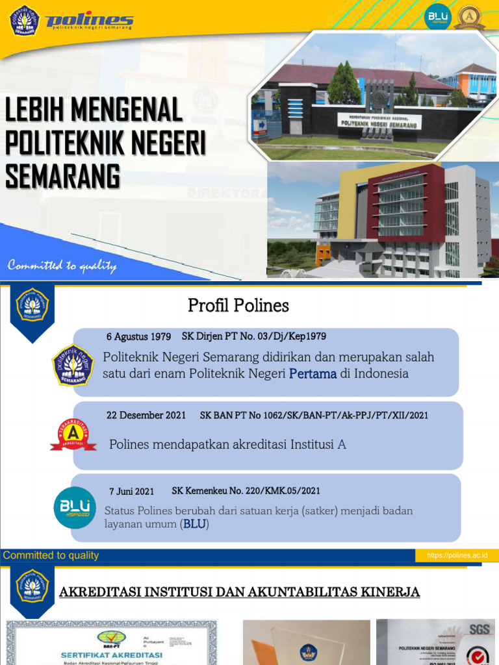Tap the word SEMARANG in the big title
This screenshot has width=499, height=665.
tap(62, 176)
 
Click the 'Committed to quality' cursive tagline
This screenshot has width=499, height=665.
tap(62, 266)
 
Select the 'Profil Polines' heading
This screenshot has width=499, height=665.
tap(238, 305)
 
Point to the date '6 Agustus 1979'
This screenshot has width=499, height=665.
tap(138, 336)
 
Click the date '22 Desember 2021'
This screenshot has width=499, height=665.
tap(146, 415)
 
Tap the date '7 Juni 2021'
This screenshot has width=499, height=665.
tap(132, 491)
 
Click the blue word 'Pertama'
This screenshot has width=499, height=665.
tap(313, 373)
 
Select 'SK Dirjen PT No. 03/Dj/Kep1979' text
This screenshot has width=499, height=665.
tap(258, 336)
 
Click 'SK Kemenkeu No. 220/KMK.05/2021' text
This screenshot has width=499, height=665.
tap(246, 491)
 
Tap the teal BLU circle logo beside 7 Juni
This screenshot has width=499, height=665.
tap(74, 507)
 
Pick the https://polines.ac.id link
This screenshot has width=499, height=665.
tap(461, 555)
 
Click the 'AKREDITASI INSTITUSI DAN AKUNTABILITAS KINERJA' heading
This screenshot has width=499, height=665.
tap(240, 592)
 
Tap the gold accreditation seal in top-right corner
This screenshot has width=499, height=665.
tap(470, 17)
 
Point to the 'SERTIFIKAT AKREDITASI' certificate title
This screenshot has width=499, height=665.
tap(111, 655)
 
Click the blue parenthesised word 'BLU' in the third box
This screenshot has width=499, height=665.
tap(194, 524)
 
